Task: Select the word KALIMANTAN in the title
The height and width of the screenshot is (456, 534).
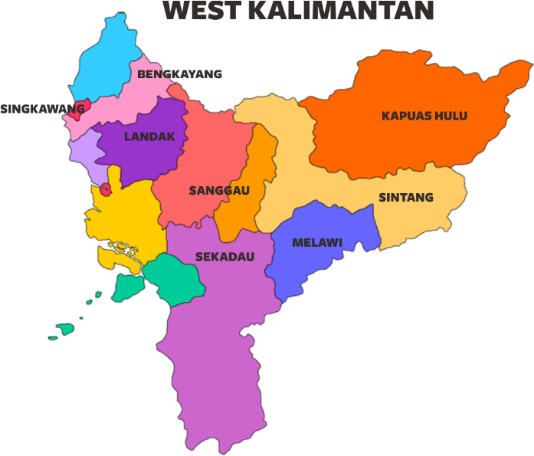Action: click(x=341, y=11)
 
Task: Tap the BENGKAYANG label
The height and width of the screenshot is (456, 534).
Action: click(x=179, y=74)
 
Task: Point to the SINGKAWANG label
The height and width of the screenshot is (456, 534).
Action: click(x=42, y=109)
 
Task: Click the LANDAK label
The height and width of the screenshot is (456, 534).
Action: click(x=149, y=137)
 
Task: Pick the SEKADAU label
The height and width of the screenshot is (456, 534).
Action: click(x=224, y=257)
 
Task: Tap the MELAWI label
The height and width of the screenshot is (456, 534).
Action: click(x=317, y=243)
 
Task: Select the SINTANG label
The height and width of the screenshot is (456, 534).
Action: click(x=405, y=198)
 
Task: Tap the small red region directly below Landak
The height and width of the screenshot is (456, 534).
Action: click(x=106, y=189)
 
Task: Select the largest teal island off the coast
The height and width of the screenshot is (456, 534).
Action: click(x=127, y=288)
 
